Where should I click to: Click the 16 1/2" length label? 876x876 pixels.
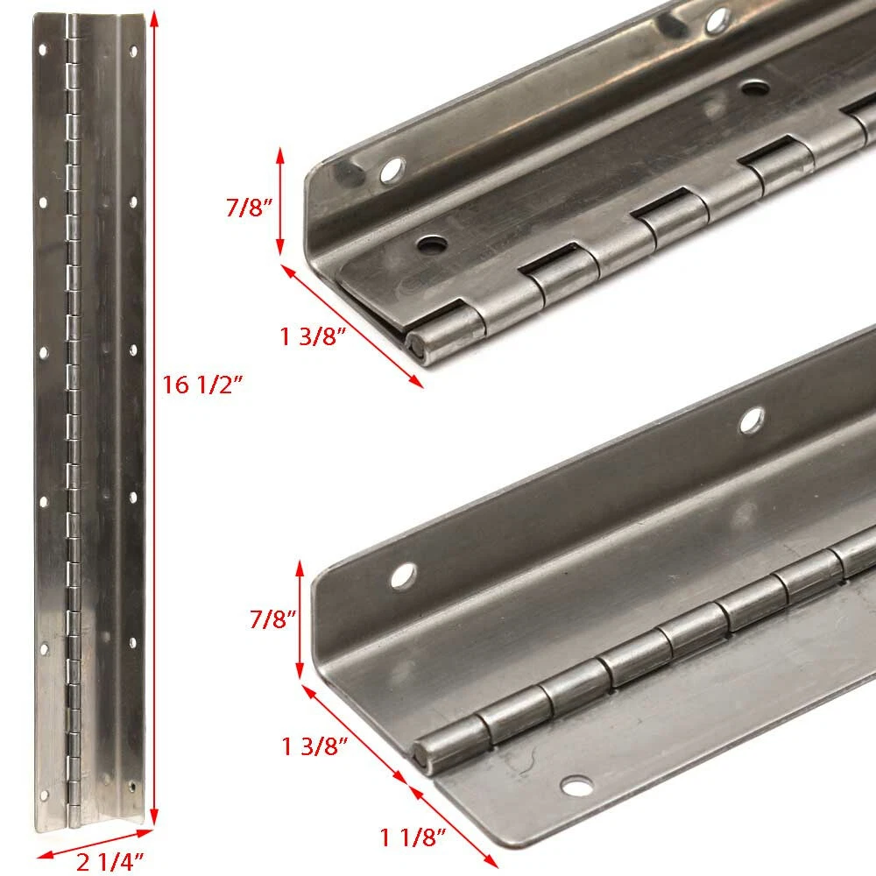coord(202,385)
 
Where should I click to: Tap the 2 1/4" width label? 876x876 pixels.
coord(110,862)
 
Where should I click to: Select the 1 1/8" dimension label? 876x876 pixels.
coord(413,837)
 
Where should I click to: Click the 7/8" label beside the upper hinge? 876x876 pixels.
coord(249,208)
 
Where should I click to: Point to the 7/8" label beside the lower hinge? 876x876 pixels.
coord(272,619)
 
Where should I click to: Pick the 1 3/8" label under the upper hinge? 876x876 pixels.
coord(313,336)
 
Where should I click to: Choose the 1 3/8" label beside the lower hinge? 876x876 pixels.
coord(314,745)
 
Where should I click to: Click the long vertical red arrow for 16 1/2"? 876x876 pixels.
coord(155,418)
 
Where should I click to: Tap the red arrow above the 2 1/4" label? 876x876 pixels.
coord(95,843)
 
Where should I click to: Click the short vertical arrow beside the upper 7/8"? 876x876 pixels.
coord(280,201)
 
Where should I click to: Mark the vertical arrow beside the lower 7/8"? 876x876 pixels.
coord(300,619)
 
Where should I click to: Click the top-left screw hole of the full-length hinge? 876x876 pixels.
coord(43,50)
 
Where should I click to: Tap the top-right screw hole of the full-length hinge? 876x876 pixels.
coord(133,52)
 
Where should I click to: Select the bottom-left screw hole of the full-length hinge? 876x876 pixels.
coord(44,795)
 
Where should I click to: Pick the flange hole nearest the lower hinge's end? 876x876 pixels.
coord(403,576)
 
